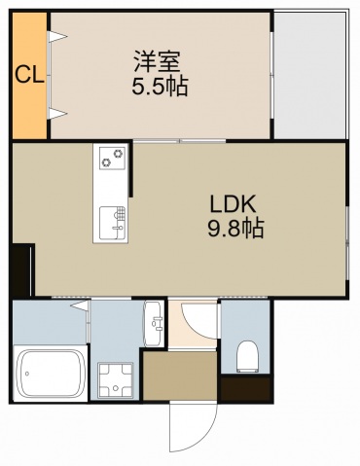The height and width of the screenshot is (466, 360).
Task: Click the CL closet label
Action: coord(29,75)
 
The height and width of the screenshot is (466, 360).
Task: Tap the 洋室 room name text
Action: coord(158,61)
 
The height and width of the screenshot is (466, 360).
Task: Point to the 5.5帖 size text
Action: coord(160,87)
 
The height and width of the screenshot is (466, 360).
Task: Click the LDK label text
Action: coord(234,203)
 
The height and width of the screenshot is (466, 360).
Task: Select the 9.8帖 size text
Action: coord(235,229)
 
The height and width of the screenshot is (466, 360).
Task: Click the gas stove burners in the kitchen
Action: coord(112,158)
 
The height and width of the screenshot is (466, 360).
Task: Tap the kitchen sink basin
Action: coord(112,223)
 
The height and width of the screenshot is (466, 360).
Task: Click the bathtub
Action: coord(51,374)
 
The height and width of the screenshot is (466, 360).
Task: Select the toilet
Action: coord(247,356)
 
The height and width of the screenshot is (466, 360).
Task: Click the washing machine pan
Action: coord(116,380)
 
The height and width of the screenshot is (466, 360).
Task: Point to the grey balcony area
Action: coord(310,76)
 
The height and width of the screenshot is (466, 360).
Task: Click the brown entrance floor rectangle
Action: coord(180,376)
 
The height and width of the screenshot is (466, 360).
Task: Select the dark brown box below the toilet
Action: coord(246,388)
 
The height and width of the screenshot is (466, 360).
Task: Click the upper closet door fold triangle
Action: coord(57,37)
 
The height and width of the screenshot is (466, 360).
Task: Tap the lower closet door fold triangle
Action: coord(57,114)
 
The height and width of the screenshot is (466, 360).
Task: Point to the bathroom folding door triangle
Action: coord(80,305)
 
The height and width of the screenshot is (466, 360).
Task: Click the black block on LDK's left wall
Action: coord(21,269)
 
